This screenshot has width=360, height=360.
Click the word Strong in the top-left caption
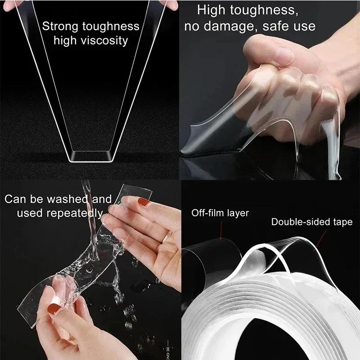[59, 26]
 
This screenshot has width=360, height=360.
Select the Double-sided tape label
[312, 222]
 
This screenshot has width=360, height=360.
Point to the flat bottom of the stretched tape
[90, 157]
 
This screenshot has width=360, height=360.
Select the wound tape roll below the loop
[270, 315]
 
